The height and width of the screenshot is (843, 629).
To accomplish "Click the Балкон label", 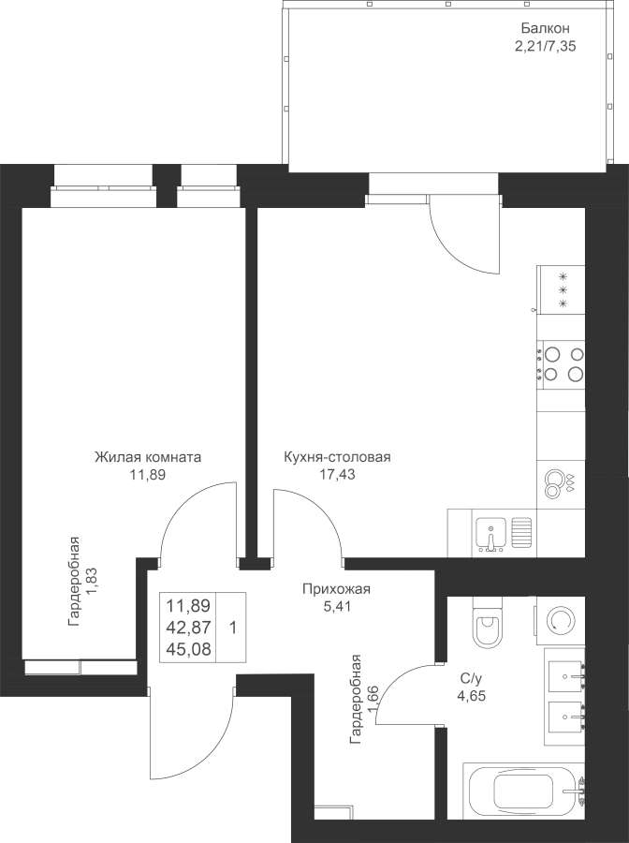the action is tap(545, 28).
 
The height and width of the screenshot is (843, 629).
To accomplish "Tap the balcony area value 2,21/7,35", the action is tap(545, 46).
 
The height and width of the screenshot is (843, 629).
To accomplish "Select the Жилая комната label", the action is tap(148, 457).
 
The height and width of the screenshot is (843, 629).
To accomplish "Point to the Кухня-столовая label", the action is tap(337, 457).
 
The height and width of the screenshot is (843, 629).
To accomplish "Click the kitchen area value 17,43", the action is tap(337, 474).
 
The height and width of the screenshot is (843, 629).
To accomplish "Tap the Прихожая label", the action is tap(336, 589).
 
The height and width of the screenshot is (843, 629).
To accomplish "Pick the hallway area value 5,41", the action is tap(336, 606).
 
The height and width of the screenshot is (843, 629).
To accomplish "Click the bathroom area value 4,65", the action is tap(472, 696).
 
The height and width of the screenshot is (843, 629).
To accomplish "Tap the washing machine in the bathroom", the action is tap(559, 622).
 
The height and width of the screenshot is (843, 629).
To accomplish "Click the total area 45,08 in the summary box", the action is tap(188, 649).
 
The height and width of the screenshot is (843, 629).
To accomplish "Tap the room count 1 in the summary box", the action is tap(233, 627).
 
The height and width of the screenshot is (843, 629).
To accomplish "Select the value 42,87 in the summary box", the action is tap(188, 627).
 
